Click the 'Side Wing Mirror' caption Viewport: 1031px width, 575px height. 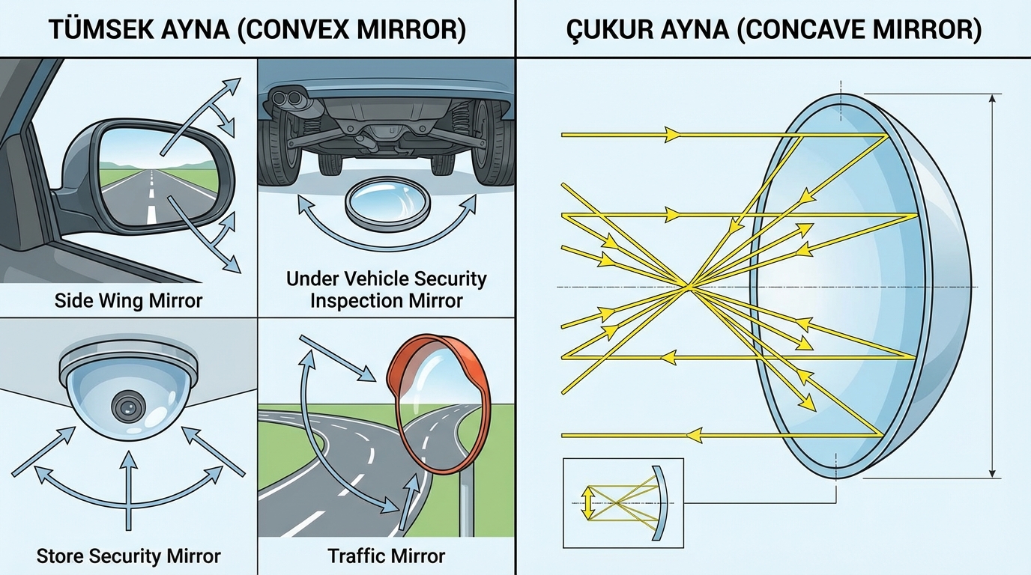128,301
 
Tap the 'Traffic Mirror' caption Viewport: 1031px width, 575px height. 386,556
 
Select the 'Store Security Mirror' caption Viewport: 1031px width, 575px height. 128,556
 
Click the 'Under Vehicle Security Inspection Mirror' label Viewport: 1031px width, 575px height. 386,290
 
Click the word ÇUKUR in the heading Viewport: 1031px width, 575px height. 611,30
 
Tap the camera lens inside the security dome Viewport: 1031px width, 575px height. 128,407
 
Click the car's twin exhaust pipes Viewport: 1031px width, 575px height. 287,97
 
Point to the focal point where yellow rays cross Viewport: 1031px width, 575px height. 687,285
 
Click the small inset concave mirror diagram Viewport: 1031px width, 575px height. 622,501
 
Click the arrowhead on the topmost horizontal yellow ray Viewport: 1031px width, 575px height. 673,135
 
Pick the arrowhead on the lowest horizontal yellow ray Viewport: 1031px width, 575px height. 695,434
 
